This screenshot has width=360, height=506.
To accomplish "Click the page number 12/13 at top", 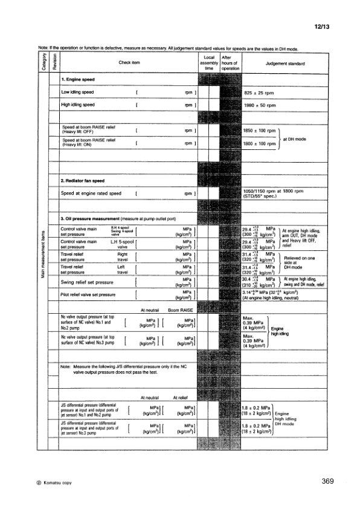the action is pyautogui.click(x=322, y=28).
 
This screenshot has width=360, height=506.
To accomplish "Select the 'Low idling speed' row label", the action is pyautogui.click(x=78, y=92).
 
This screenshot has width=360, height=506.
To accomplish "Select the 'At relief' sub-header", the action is pyautogui.click(x=182, y=397).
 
